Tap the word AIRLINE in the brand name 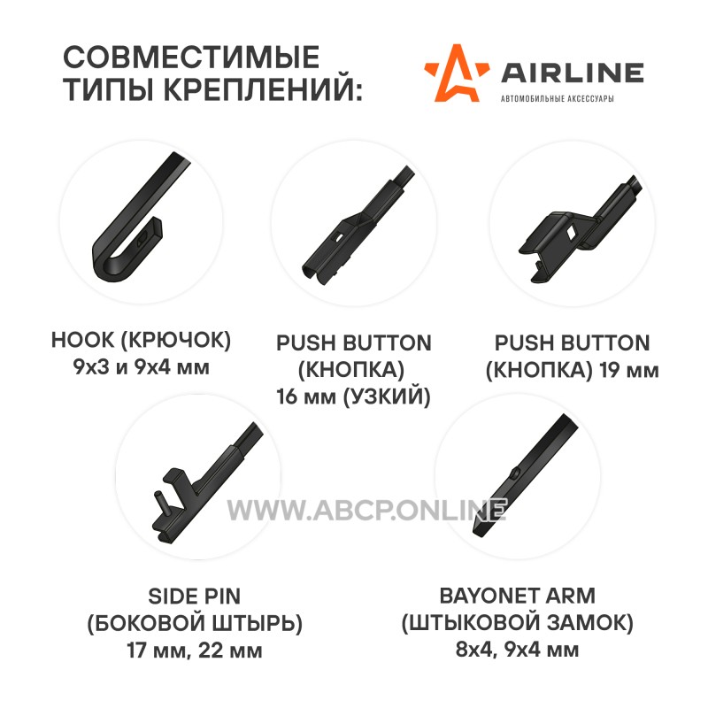(572, 73)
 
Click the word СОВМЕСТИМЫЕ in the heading (191, 57)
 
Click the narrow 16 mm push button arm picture (357, 226)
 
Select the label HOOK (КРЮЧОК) (141, 340)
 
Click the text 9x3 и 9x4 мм (141, 367)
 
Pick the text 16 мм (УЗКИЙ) (353, 396)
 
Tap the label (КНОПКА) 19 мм (572, 370)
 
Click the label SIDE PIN (195, 596)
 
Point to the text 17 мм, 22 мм (195, 650)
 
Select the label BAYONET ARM (518, 596)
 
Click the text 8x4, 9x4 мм (518, 650)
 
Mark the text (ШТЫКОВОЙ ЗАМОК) (518, 623)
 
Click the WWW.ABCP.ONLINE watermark (366, 511)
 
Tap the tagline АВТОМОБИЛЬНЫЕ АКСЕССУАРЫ (558, 98)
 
